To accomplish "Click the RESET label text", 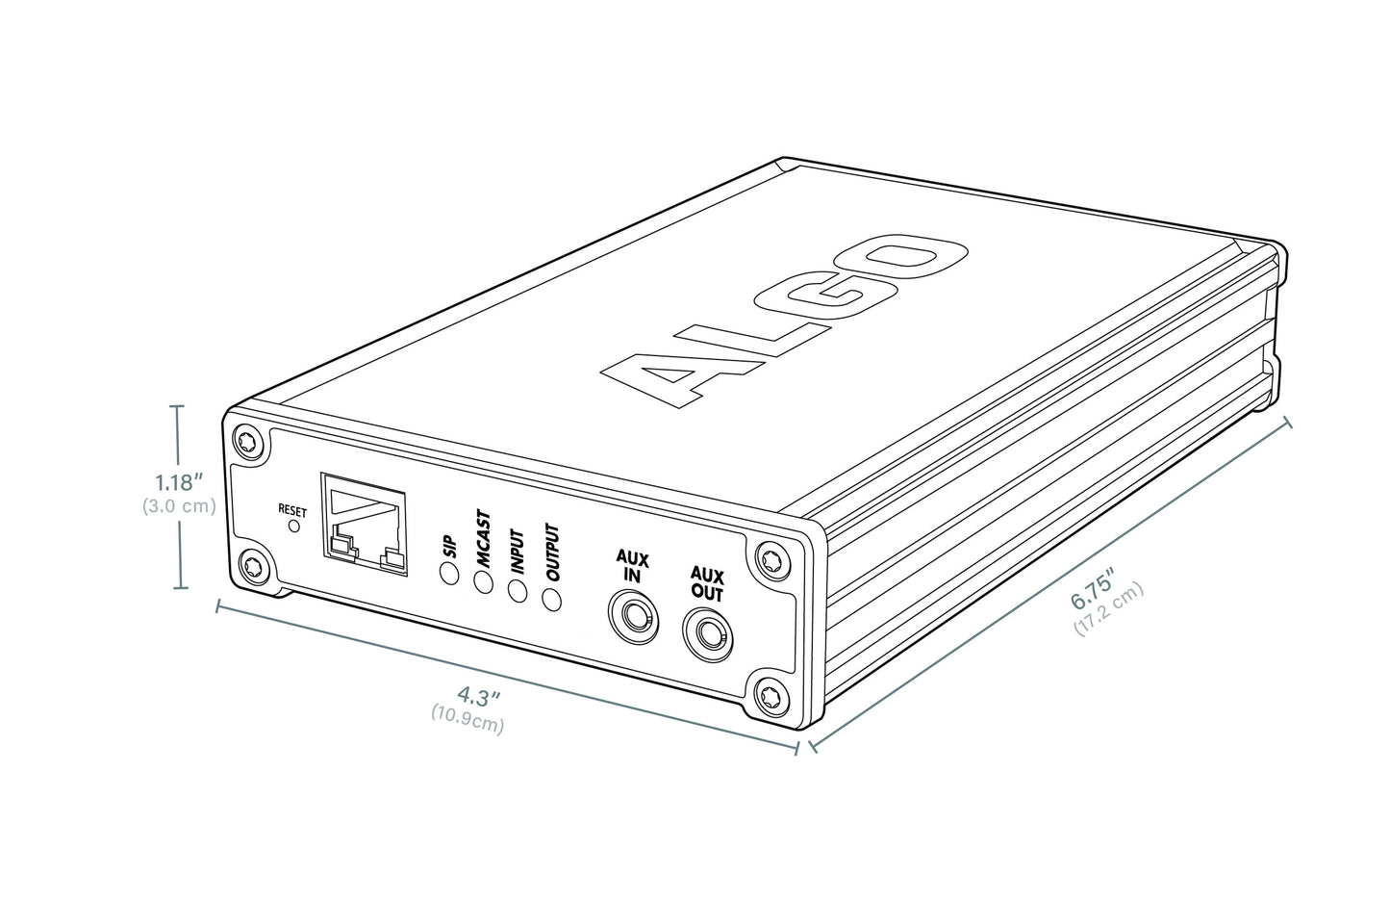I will [291, 510].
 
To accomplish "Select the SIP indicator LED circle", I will [449, 574].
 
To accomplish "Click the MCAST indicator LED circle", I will [483, 582].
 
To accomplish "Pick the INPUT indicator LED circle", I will [517, 590].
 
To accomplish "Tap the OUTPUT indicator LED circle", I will [551, 599].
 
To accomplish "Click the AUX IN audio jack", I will [632, 617].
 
